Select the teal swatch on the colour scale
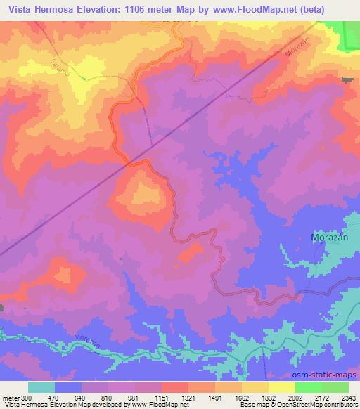click(41, 387)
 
